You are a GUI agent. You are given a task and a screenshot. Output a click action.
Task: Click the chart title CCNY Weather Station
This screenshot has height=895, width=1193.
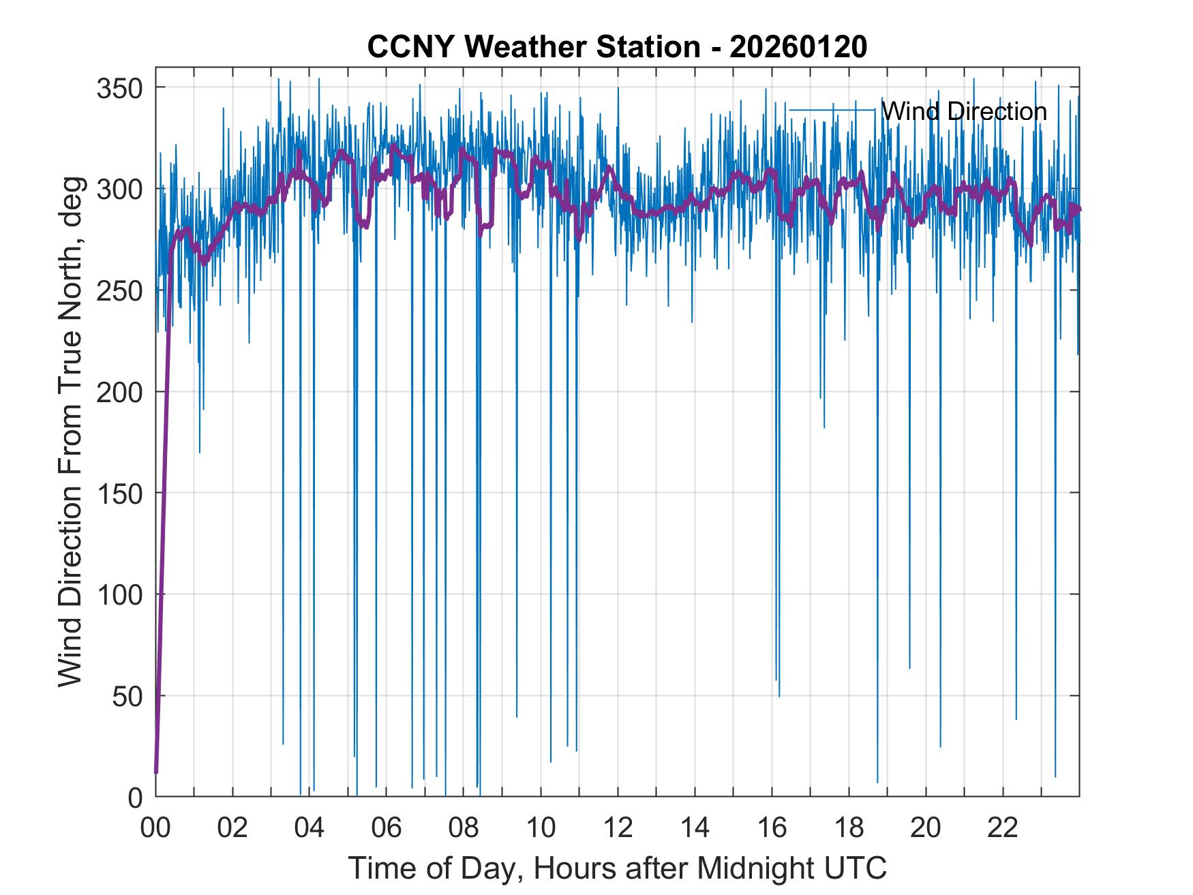[533, 47]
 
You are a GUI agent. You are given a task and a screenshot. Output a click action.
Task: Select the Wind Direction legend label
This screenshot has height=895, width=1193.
[964, 111]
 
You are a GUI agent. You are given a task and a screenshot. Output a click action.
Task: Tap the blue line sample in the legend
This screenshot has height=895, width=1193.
[832, 110]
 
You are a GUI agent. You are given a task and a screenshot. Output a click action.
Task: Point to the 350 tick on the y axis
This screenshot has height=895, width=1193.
[119, 88]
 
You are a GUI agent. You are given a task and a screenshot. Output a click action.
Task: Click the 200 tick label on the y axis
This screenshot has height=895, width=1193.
[119, 392]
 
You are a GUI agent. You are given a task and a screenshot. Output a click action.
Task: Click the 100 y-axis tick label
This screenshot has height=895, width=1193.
[119, 594]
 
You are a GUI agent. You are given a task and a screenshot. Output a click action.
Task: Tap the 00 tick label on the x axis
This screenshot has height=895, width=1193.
[155, 828]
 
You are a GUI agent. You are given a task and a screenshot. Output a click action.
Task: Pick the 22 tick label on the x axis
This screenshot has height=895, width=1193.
[1003, 828]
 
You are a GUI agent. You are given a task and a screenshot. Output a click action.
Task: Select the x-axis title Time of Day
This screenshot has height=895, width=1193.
[618, 868]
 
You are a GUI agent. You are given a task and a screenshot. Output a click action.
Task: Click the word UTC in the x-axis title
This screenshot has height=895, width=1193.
[856, 868]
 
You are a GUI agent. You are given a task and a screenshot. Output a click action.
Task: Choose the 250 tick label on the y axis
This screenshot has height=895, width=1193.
[119, 290]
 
